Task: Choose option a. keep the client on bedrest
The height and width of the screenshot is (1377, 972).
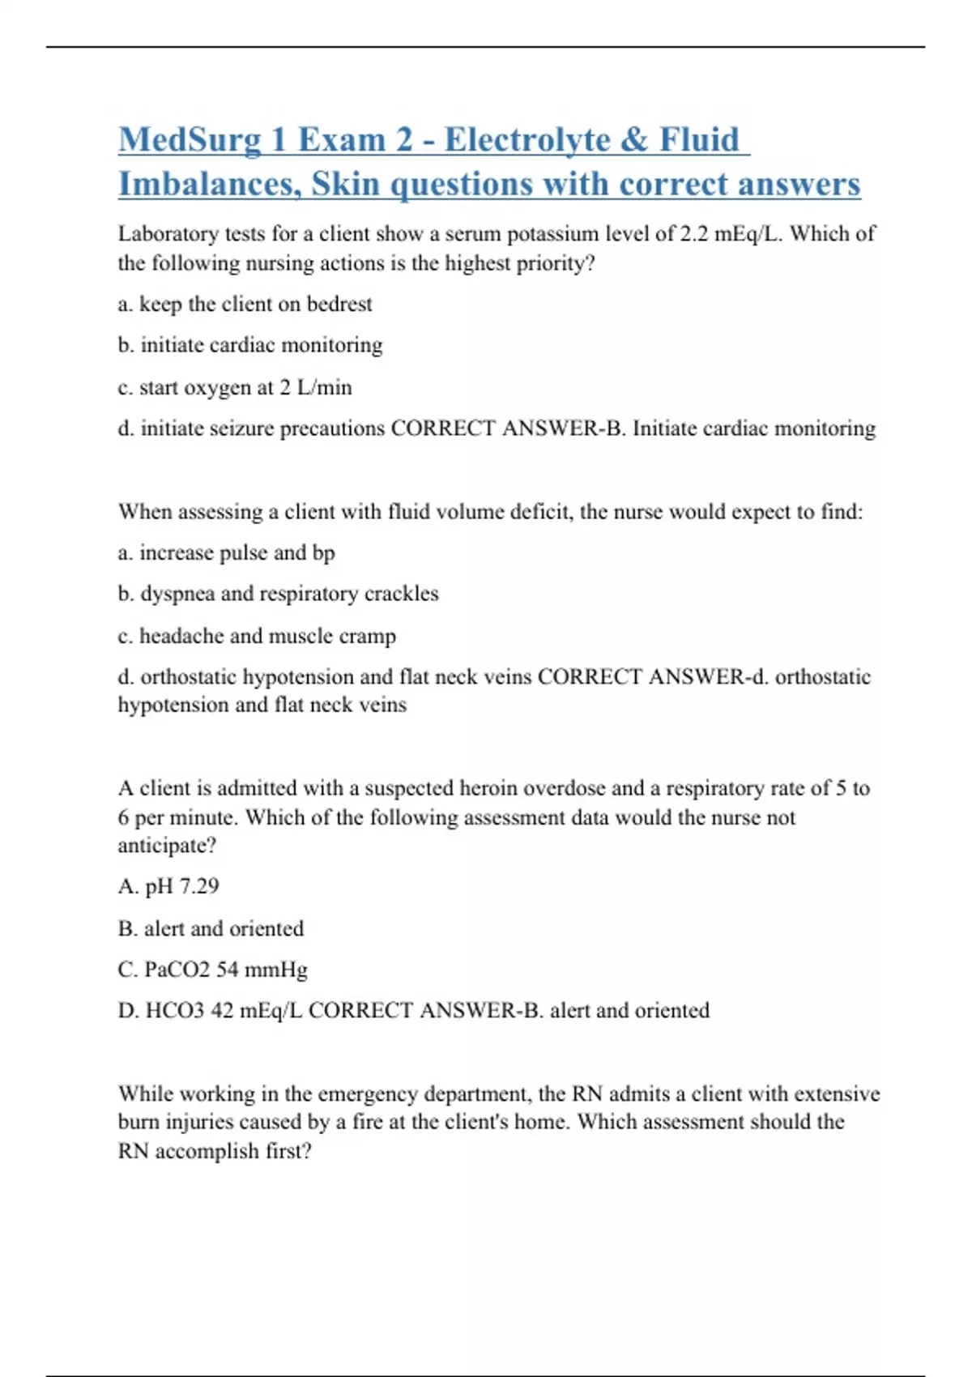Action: pyautogui.click(x=245, y=305)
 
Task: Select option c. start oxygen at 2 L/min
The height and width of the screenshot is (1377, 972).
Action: pyautogui.click(x=235, y=388)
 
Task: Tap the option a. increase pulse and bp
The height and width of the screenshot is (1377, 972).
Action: pyautogui.click(x=226, y=553)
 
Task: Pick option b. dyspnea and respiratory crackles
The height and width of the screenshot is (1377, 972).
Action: pyautogui.click(x=278, y=594)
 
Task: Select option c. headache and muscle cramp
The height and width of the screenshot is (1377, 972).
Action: pyautogui.click(x=257, y=637)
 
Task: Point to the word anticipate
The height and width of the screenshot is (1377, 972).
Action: pyautogui.click(x=166, y=846)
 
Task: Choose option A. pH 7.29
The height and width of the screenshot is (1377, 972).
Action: pyautogui.click(x=168, y=887)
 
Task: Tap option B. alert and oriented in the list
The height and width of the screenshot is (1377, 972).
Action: pyautogui.click(x=211, y=929)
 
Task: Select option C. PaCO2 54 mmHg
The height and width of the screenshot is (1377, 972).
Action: pyautogui.click(x=212, y=970)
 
